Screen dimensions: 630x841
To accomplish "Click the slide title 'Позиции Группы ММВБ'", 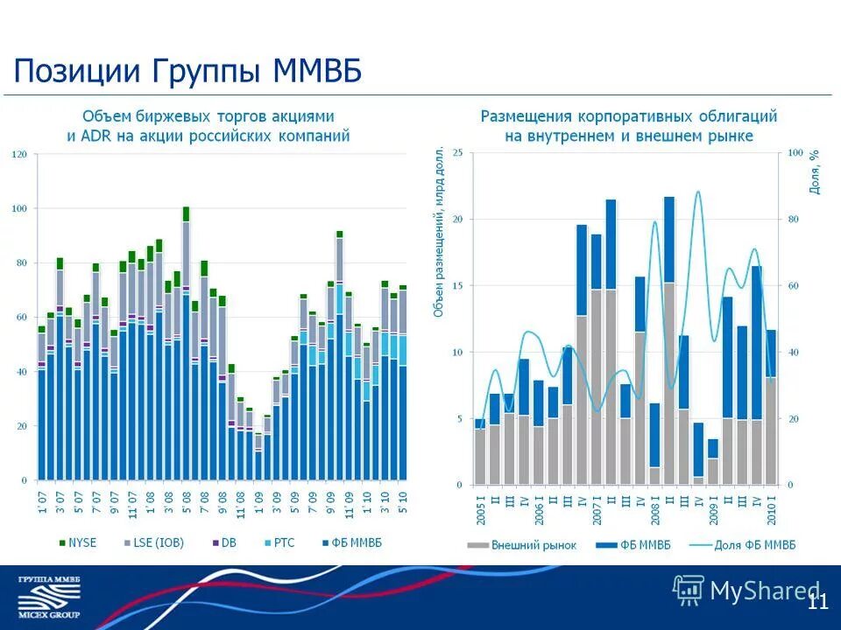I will [x=188, y=71].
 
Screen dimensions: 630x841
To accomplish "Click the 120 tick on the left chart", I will [x=20, y=155].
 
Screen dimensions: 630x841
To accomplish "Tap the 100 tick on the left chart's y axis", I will [x=20, y=209].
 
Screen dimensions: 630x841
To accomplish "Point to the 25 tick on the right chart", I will [x=457, y=153].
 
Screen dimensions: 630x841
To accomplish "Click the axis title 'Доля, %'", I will [x=815, y=171].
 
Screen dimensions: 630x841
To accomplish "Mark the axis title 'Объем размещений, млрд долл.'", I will [x=439, y=232].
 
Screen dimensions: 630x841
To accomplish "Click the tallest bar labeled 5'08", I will [x=186, y=350].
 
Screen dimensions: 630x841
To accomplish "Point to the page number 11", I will [x=817, y=601].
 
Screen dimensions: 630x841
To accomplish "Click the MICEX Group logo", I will [x=49, y=598].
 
